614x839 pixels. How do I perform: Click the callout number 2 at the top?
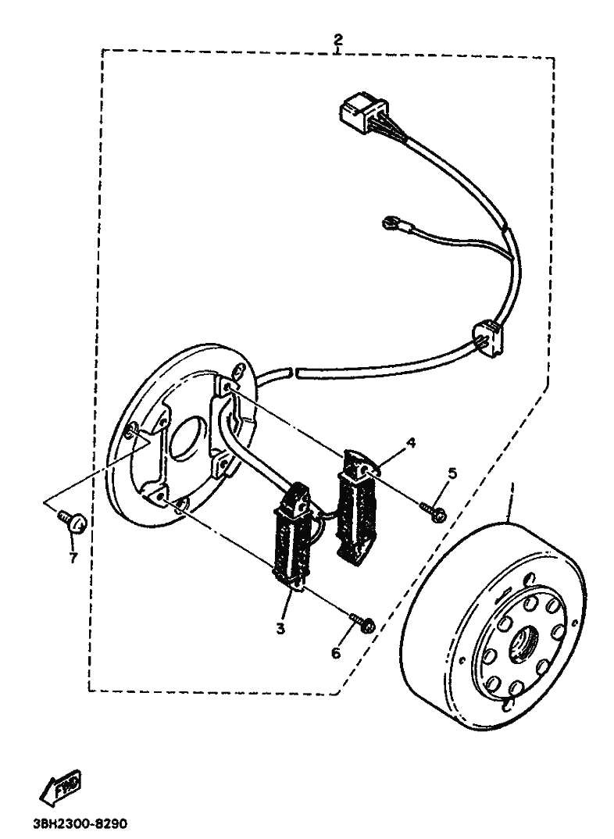(x=337, y=38)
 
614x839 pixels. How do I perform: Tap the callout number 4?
(x=410, y=443)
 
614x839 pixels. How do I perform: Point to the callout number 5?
(x=451, y=473)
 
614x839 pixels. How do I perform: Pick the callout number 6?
(x=336, y=652)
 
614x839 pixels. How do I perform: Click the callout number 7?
(x=73, y=559)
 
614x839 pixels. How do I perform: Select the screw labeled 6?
(x=364, y=623)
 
